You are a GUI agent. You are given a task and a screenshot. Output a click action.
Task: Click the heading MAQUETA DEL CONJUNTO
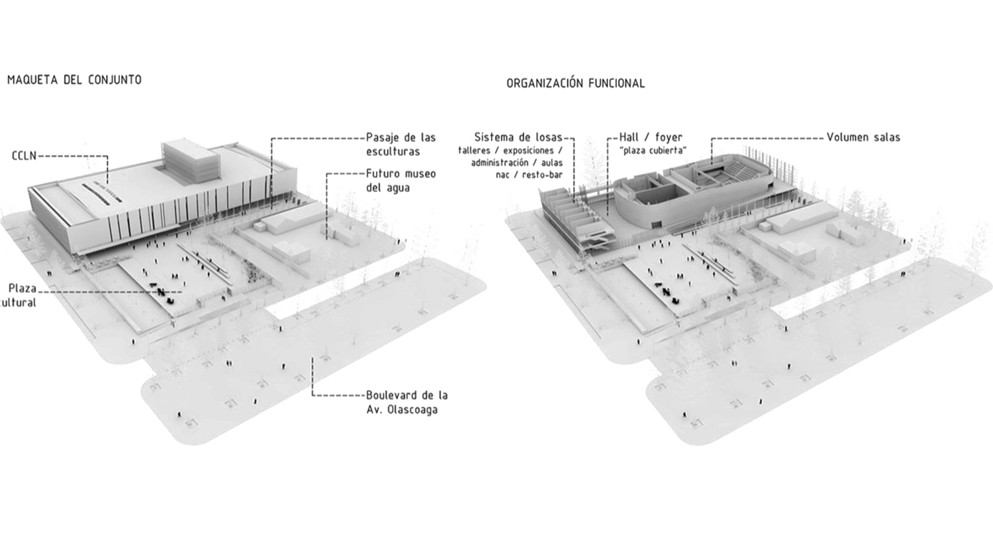pos(74,80)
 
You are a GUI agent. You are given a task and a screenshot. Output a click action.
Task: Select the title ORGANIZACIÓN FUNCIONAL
pos(575,83)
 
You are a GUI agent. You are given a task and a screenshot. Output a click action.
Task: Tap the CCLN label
pos(24,156)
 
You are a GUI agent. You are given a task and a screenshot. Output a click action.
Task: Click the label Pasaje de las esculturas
pos(401,144)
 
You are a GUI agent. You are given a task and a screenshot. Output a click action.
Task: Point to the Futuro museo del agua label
pos(401,180)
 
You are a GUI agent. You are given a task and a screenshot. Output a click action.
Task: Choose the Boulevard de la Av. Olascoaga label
pos(407,402)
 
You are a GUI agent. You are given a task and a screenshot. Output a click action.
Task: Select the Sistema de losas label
pos(518,137)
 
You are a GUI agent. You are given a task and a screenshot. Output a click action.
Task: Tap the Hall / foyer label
pos(651,137)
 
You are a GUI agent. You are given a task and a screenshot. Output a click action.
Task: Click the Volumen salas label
pos(863,137)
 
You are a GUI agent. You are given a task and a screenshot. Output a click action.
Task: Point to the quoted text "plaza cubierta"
pos(654,150)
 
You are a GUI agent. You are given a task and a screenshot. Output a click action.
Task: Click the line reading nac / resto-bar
pos(529,175)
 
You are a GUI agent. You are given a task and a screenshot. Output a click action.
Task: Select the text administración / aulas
pos(516,163)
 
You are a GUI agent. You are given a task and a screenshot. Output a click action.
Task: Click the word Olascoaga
pos(412,410)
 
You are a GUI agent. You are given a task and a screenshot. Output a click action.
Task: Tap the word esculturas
pos(393,152)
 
